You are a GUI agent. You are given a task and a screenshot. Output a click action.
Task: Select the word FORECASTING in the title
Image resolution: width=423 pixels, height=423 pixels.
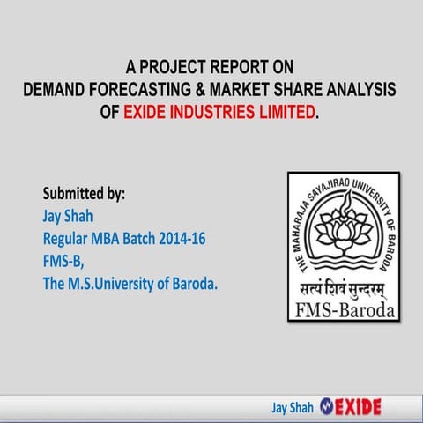click(x=138, y=89)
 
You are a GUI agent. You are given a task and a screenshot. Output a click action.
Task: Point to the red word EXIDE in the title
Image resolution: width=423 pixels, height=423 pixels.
click(x=145, y=113)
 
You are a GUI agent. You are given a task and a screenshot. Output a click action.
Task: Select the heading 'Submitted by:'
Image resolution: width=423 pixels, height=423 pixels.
click(x=84, y=192)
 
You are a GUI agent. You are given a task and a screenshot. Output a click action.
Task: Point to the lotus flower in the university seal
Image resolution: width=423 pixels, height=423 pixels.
click(x=342, y=231)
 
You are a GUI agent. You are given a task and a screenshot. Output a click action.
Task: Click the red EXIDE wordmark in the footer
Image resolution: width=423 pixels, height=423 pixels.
click(x=360, y=407)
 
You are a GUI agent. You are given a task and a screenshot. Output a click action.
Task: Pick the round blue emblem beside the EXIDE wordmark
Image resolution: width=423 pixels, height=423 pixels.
click(x=328, y=407)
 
